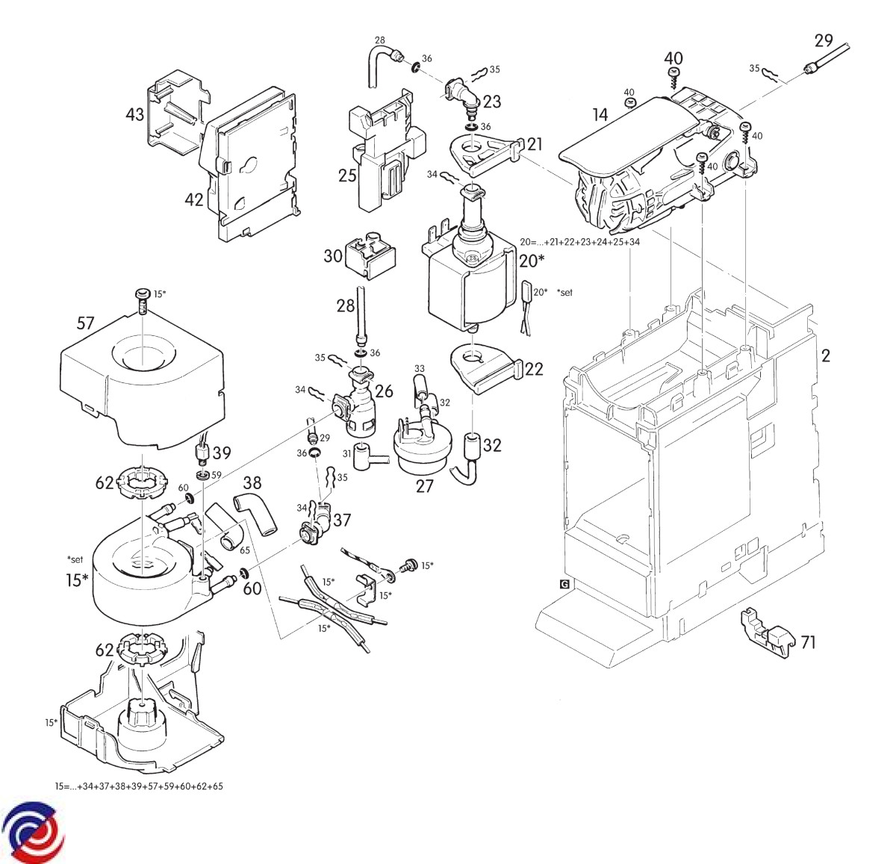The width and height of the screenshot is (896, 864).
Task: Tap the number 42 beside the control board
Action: click(x=194, y=199)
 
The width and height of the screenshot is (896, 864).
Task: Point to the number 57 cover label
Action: click(x=86, y=323)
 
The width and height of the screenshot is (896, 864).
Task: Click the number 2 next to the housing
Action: click(x=825, y=355)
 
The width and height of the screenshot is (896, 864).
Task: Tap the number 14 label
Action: click(x=600, y=114)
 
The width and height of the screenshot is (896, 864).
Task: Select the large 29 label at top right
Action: click(x=824, y=41)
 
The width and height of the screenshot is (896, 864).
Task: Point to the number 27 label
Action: click(x=424, y=486)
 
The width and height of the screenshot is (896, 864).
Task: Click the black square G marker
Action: click(x=564, y=584)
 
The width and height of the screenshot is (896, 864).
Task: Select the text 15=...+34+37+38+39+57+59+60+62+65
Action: click(x=139, y=786)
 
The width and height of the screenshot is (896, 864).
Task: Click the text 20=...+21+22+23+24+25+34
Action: click(x=579, y=242)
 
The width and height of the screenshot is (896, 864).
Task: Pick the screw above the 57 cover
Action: click(x=141, y=300)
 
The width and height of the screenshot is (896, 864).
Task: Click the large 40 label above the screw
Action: click(x=673, y=58)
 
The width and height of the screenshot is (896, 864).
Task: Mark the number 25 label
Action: click(x=347, y=176)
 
